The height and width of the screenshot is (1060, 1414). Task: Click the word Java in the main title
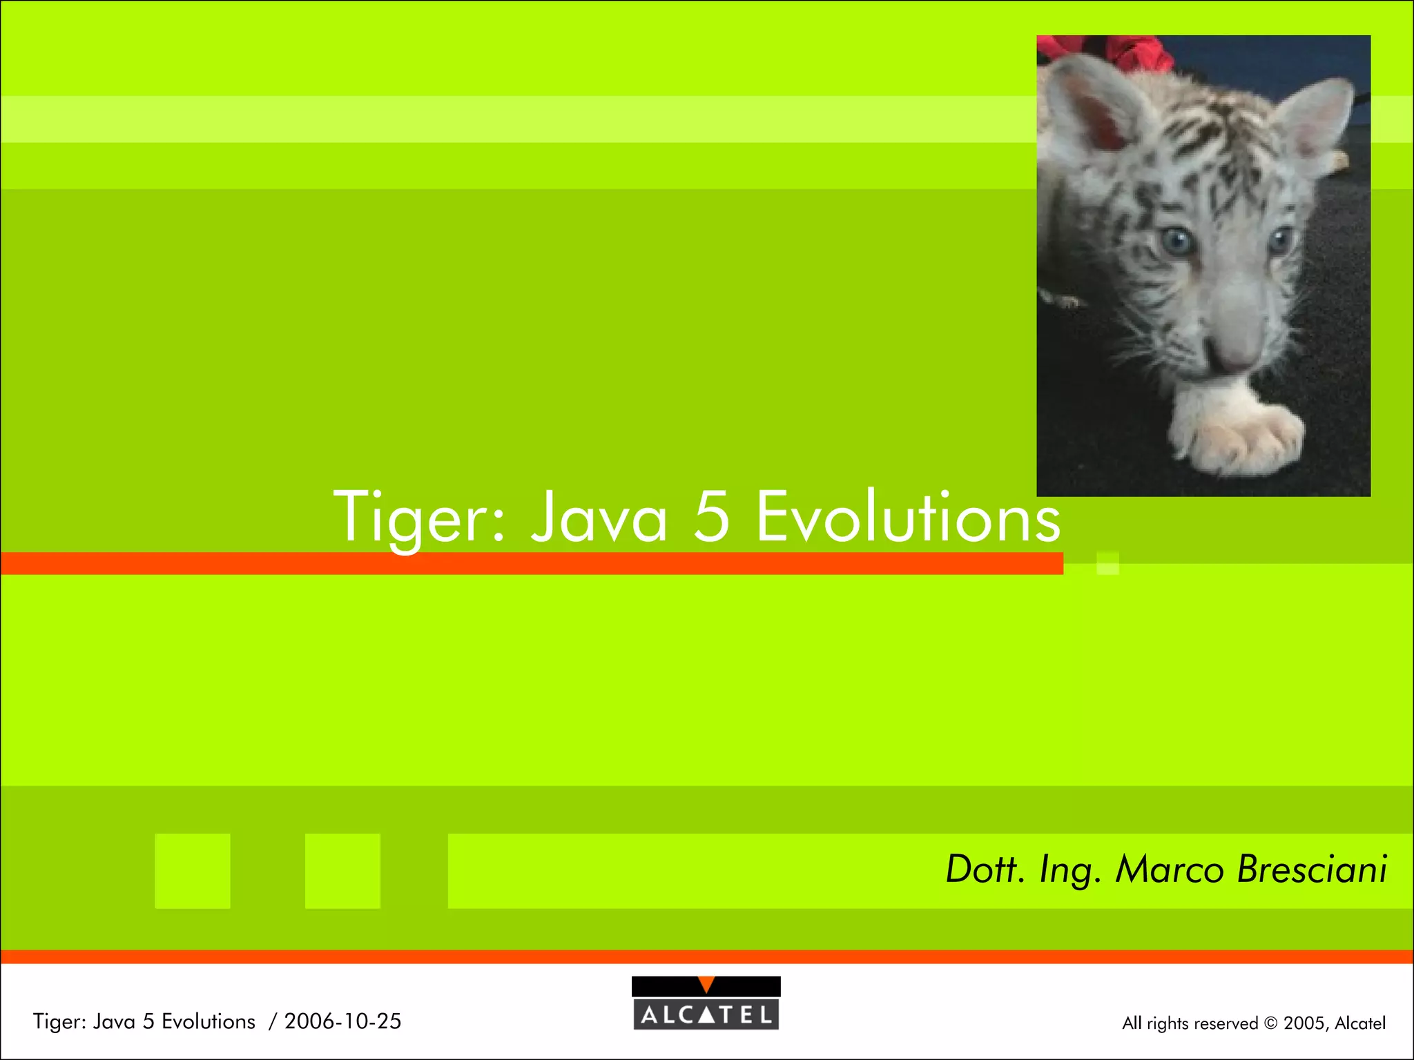click(599, 518)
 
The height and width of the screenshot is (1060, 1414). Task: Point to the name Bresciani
click(1312, 869)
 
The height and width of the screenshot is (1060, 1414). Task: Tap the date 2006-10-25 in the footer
click(342, 1021)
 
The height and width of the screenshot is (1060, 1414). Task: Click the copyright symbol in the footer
click(1270, 1023)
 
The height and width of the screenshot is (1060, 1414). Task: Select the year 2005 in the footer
click(1302, 1023)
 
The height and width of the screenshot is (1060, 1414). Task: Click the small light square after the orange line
click(1107, 563)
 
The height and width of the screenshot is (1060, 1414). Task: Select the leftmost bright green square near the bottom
click(193, 871)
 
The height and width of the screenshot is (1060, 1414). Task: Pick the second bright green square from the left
click(342, 871)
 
